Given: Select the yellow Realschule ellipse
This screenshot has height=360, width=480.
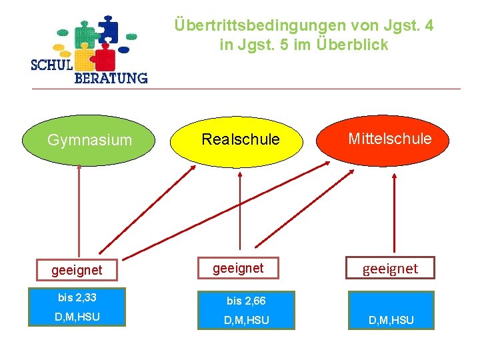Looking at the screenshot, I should (240, 140).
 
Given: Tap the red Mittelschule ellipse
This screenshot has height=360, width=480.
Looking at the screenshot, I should (389, 139).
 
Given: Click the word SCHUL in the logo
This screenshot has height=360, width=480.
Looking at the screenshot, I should (53, 65).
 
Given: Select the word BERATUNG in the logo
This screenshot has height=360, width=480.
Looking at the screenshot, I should (110, 78).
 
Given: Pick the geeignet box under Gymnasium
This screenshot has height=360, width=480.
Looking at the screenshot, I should (77, 270).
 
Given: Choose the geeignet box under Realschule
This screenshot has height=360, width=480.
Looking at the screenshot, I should (238, 268).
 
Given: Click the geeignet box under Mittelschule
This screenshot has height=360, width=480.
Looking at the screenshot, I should (390, 268).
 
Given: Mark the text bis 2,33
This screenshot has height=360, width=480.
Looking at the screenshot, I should (77, 297).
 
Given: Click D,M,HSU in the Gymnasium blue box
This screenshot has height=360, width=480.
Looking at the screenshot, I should (77, 317).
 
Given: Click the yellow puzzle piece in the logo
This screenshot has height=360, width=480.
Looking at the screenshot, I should (83, 59).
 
